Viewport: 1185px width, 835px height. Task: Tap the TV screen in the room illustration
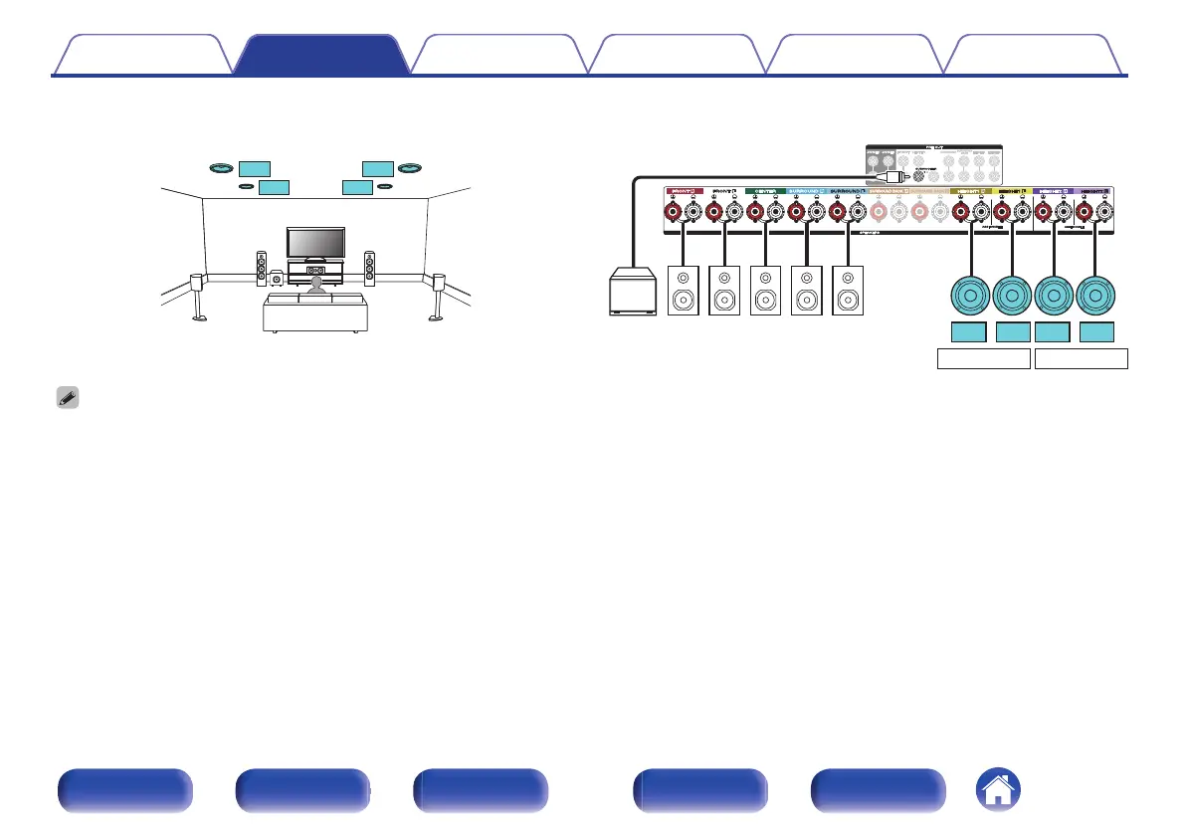click(x=316, y=242)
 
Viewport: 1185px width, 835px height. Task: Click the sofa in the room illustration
click(x=314, y=312)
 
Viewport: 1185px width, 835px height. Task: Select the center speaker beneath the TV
click(x=316, y=271)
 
